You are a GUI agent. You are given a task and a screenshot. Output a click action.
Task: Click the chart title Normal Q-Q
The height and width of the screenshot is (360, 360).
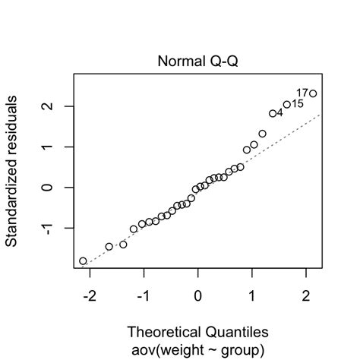197,61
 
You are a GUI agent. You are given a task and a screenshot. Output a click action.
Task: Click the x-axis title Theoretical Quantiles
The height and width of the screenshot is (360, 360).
197,332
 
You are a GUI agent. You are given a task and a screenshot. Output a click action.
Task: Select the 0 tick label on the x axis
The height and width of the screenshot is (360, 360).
197,295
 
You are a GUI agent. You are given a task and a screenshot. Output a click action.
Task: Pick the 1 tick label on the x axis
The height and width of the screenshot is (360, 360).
251,295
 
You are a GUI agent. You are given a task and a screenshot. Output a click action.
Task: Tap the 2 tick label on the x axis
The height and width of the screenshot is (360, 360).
306,295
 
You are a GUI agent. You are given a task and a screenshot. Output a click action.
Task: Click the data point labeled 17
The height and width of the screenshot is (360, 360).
313,93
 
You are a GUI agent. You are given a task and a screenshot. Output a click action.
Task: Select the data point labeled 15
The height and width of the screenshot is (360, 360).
287,105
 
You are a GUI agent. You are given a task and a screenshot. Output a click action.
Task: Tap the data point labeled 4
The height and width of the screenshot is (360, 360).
273,113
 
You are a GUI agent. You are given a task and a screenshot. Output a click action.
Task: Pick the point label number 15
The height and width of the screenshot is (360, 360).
298,103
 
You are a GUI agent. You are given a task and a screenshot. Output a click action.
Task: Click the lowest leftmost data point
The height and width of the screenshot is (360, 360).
83,261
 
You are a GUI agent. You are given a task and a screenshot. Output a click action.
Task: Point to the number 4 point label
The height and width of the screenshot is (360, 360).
279,112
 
